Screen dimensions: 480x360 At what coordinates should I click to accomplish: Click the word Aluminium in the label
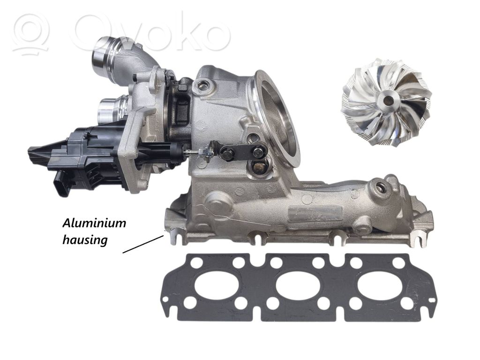coord(94,223)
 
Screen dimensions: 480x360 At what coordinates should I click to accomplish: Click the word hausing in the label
coord(85,240)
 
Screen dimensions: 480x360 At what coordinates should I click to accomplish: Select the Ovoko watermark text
coord(150,33)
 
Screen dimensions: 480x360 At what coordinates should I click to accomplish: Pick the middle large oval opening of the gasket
coord(298,285)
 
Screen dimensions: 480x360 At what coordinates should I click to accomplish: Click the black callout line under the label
coord(142,244)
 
